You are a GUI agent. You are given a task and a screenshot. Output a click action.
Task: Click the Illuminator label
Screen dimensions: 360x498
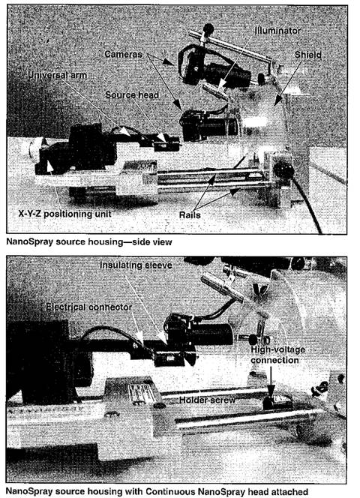click(x=277, y=31)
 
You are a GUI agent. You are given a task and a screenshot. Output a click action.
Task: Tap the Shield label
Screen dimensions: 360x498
click(x=307, y=55)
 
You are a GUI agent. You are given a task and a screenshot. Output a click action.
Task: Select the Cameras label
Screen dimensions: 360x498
click(x=123, y=54)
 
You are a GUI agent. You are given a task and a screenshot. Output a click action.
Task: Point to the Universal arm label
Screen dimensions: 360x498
click(x=57, y=75)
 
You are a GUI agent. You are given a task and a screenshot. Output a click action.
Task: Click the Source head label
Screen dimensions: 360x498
click(x=132, y=95)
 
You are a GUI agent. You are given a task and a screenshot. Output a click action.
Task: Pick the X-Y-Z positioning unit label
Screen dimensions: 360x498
click(x=64, y=214)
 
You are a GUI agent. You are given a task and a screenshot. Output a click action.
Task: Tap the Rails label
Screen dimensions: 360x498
click(x=190, y=215)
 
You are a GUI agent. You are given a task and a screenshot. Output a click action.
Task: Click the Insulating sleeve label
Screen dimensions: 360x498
click(x=136, y=265)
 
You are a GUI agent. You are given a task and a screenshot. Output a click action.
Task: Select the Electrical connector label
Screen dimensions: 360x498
click(x=88, y=307)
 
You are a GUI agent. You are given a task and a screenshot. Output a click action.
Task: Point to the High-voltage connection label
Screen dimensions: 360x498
click(x=277, y=355)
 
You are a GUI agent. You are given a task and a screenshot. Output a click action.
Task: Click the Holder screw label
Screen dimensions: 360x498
click(x=207, y=400)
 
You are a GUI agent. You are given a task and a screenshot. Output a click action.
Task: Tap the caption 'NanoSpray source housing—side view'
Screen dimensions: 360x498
click(x=89, y=242)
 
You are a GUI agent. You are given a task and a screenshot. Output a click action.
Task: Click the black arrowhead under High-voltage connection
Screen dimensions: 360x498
click(x=271, y=391)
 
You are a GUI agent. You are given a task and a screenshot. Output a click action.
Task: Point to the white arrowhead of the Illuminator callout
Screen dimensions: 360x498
click(x=222, y=84)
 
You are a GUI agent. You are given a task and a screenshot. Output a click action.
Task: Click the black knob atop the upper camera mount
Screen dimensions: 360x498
click(x=208, y=28)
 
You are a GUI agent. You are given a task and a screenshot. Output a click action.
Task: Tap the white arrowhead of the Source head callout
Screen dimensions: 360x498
click(x=163, y=138)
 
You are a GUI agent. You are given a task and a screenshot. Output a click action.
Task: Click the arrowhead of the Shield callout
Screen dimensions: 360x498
click(x=277, y=102)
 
